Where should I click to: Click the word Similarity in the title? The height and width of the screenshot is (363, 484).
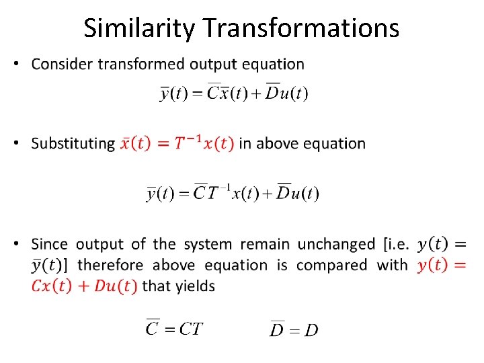pos(140,28)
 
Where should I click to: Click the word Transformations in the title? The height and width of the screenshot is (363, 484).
pos(300,28)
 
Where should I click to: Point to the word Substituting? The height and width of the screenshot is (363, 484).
pos(73,143)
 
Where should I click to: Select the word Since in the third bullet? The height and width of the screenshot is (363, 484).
pos(50,244)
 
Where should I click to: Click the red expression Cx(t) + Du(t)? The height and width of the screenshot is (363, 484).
pos(84,286)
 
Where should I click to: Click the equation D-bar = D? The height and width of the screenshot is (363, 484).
pos(294,329)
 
